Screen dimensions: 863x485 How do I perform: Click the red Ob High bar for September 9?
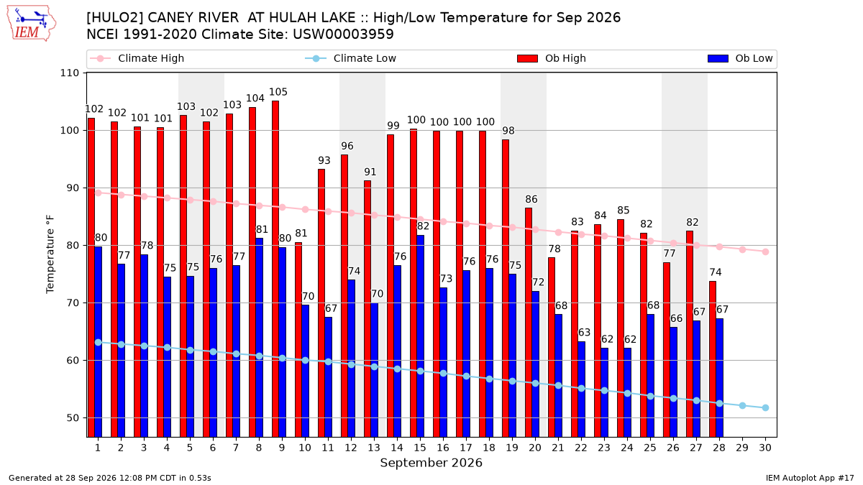[275, 269]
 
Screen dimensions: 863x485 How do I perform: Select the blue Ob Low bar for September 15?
[421, 336]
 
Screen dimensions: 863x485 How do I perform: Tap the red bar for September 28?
[713, 359]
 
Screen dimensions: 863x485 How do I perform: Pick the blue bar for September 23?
[605, 392]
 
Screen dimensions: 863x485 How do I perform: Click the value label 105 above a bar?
[278, 92]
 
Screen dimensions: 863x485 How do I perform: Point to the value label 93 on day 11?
[324, 160]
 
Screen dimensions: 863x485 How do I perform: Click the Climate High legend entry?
[137, 58]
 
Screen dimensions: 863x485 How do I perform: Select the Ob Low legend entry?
[740, 58]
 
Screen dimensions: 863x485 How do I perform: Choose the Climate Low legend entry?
[351, 58]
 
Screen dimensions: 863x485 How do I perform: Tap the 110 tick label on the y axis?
[69, 73]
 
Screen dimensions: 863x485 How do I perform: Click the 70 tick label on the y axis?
[73, 303]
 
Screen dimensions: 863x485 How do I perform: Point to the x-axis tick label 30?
[765, 448]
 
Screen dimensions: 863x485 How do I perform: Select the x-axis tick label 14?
[397, 448]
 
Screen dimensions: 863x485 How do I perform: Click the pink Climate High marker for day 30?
[765, 251]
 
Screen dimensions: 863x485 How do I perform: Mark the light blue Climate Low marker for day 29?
[742, 406]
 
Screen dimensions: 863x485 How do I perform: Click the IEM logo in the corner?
[31, 23]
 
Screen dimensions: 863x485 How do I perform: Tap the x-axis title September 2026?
[431, 463]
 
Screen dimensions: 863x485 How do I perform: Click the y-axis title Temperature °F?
[50, 254]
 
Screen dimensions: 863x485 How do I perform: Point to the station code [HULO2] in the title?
[114, 18]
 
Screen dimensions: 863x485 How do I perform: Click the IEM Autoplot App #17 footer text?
[810, 478]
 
